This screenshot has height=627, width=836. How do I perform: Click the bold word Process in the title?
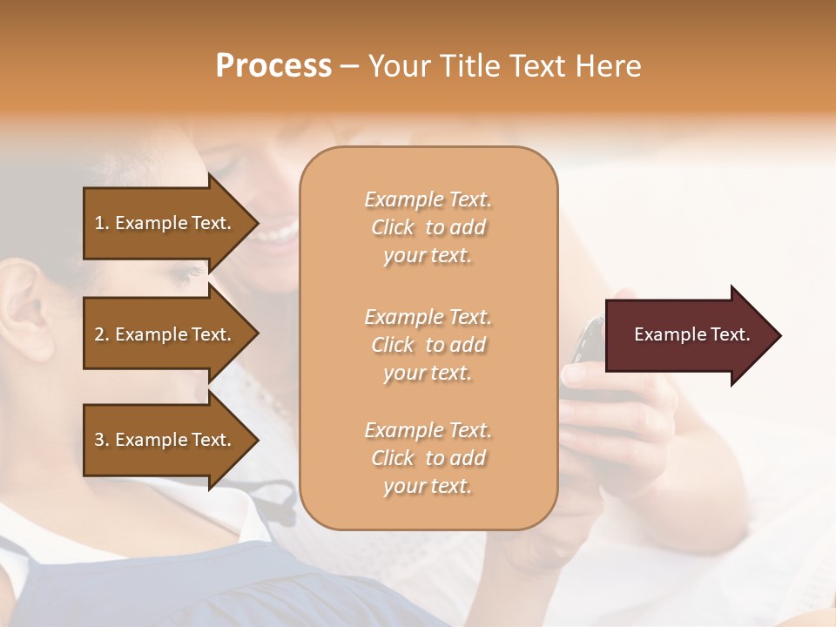pyautogui.click(x=273, y=66)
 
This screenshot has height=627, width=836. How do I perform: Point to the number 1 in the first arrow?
pyautogui.click(x=99, y=223)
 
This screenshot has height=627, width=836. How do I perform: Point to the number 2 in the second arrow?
pyautogui.click(x=99, y=334)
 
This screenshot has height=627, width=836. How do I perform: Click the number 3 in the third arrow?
pyautogui.click(x=99, y=440)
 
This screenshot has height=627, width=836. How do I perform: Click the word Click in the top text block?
pyautogui.click(x=393, y=227)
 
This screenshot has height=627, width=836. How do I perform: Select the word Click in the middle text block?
pyautogui.click(x=393, y=345)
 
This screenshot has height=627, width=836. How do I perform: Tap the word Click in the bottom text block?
pyautogui.click(x=393, y=458)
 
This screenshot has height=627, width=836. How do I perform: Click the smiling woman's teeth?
pyautogui.click(x=281, y=233)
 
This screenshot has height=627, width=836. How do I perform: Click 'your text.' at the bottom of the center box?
pyautogui.click(x=428, y=487)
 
